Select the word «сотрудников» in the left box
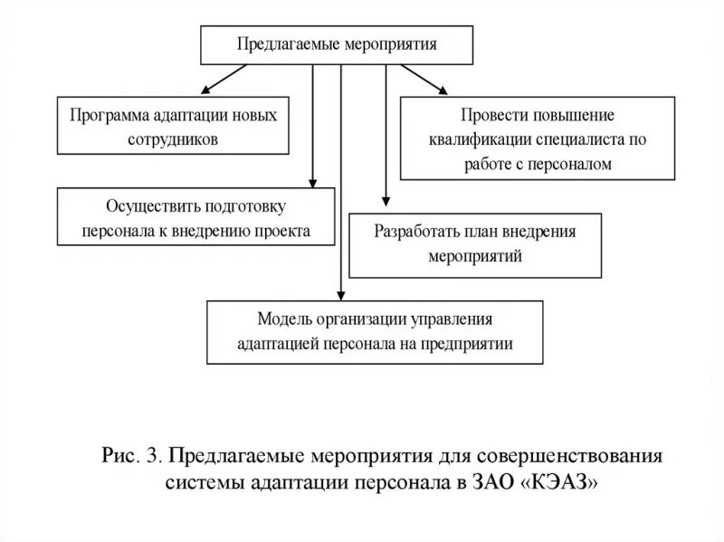174,140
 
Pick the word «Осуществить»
130,206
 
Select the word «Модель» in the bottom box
283,319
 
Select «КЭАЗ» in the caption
560,481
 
